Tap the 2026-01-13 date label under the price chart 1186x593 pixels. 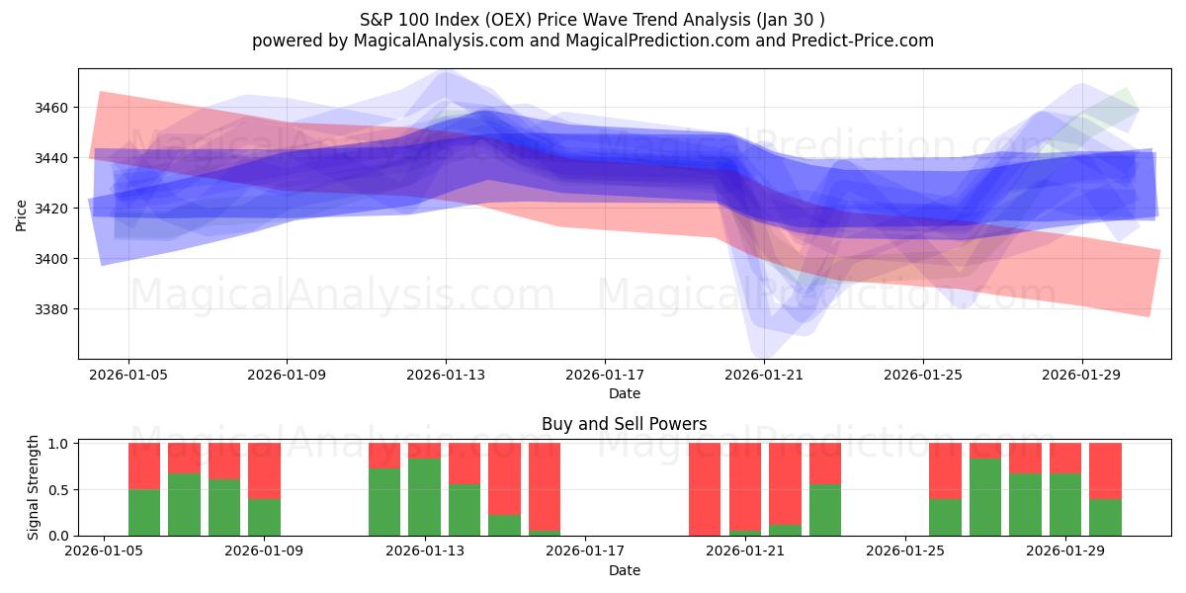pyautogui.click(x=446, y=376)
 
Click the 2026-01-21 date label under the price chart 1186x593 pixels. pyautogui.click(x=764, y=376)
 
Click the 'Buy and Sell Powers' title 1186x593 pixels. pyautogui.click(x=624, y=424)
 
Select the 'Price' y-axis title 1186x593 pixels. pyautogui.click(x=22, y=214)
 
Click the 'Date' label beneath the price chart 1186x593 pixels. pyautogui.click(x=624, y=393)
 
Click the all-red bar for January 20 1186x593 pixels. pyautogui.click(x=705, y=489)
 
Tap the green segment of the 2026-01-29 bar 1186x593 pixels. pyautogui.click(x=1065, y=505)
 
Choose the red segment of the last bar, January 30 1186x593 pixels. pyautogui.click(x=1105, y=470)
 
